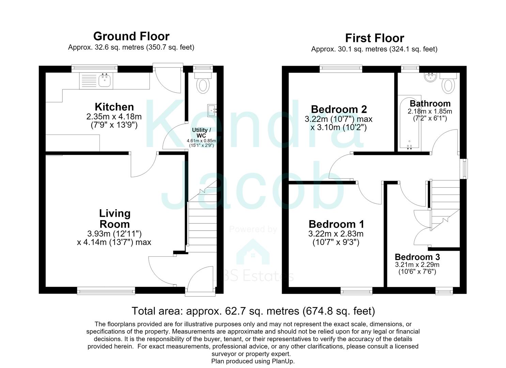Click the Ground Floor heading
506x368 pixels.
[x=131, y=36]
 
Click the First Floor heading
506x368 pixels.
[x=374, y=38]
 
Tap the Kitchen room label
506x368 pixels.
[x=114, y=107]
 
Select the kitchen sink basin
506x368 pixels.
[x=105, y=80]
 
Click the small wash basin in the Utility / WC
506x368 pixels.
[x=212, y=110]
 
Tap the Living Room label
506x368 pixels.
[x=115, y=219]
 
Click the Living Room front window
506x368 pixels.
[x=106, y=291]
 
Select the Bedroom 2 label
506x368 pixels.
[x=339, y=109]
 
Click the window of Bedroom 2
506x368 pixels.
[x=341, y=69]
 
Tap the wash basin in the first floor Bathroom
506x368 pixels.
[x=431, y=77]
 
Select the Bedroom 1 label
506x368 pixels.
[x=336, y=224]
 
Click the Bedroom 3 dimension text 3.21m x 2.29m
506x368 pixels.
[x=417, y=264]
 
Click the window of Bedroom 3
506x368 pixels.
[x=444, y=291]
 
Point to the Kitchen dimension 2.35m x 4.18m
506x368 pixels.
[x=114, y=117]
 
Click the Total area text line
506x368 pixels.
[x=253, y=311]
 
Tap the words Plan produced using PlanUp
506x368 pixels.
[x=253, y=361]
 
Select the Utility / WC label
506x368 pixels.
[x=201, y=133]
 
